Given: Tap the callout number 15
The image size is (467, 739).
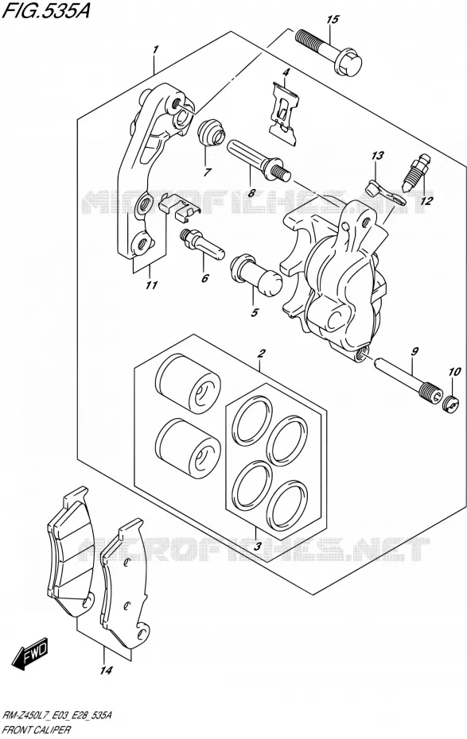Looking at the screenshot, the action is (x=333, y=19).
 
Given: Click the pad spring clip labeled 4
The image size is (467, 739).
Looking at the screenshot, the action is (x=285, y=112).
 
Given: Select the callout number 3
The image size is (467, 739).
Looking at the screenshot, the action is (x=257, y=547).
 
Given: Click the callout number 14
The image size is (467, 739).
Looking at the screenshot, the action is (x=107, y=670).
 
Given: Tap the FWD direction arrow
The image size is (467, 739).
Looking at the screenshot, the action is (x=30, y=654).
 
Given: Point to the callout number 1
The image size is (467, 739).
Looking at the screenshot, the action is (x=155, y=48).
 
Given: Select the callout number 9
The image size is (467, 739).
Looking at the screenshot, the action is (x=414, y=350).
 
